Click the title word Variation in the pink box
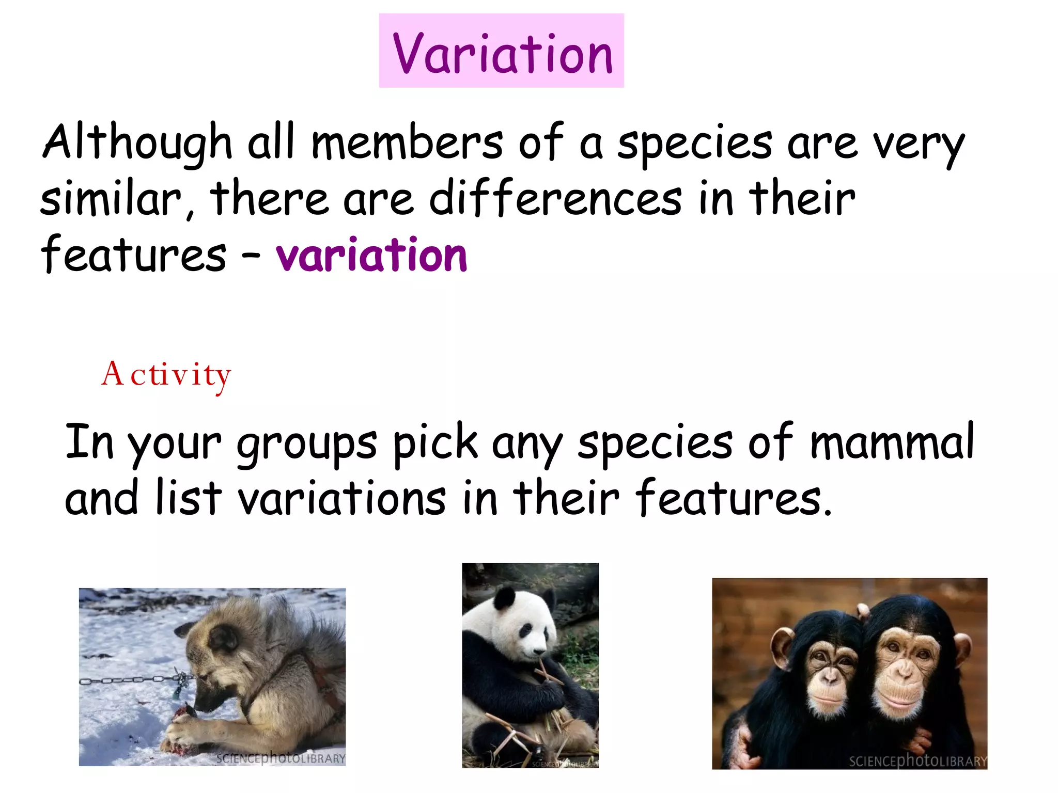click(502, 53)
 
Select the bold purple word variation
click(371, 255)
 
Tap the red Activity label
click(166, 375)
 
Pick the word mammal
click(892, 442)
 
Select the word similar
click(111, 199)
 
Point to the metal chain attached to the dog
click(129, 680)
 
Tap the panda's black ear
click(505, 599)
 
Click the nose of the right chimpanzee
click(905, 671)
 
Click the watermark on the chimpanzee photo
click(917, 760)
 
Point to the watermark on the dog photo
click(281, 758)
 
